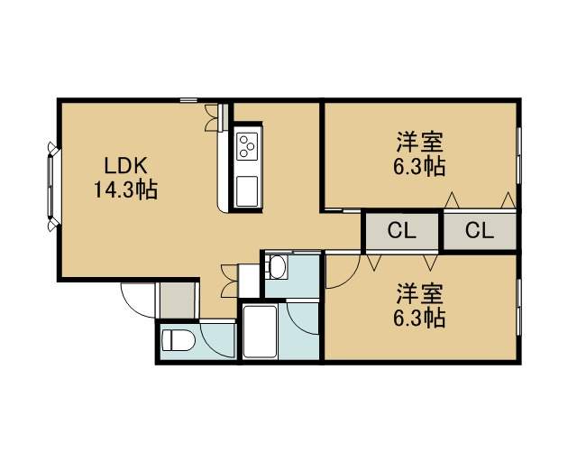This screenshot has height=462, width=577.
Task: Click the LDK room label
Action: [x=126, y=165]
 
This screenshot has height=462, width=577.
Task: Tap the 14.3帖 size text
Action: [x=126, y=190]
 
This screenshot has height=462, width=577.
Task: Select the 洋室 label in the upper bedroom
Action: [x=419, y=142]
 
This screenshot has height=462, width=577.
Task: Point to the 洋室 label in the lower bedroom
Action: [x=419, y=293]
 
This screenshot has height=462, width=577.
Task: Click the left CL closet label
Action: [x=402, y=231]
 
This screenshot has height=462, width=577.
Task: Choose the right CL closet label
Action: [x=479, y=231]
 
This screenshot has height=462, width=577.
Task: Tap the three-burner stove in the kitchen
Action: [x=247, y=146]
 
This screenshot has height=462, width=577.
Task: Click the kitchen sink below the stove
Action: [x=247, y=191]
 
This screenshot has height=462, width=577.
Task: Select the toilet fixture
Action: [x=179, y=340]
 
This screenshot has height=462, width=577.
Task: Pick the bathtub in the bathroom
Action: [x=260, y=331]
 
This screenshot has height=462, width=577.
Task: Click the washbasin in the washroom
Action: [x=277, y=266]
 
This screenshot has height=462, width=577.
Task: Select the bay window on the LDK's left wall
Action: [x=52, y=187]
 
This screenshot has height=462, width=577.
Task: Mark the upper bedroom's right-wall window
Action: [x=518, y=155]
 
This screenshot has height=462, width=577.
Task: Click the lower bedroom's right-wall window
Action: [x=518, y=307]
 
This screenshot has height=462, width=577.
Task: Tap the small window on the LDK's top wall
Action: [x=188, y=100]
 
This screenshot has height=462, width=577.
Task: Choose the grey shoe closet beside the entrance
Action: [x=178, y=300]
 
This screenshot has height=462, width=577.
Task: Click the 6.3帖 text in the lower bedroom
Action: [x=419, y=318]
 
